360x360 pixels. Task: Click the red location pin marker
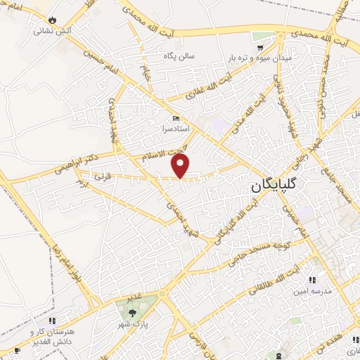click(181, 166)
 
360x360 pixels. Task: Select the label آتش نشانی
click(54, 31)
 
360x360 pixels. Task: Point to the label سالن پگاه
click(200, 56)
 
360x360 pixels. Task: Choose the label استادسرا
click(176, 130)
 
